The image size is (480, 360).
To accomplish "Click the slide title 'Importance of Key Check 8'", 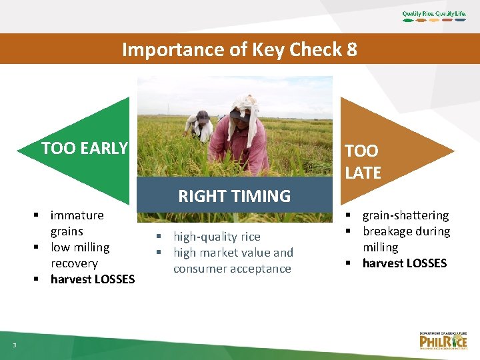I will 239,49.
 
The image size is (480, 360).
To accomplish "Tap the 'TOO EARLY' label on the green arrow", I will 84,148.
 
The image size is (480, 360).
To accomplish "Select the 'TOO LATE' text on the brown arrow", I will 363,162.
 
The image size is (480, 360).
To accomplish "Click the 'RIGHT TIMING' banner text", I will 234,196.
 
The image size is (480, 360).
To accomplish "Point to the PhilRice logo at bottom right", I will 443,340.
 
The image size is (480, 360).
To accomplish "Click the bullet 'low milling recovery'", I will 79,255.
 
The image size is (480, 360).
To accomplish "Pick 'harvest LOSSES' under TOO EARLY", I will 92,279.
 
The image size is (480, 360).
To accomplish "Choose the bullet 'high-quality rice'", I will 217,237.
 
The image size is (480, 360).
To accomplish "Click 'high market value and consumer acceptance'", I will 233,261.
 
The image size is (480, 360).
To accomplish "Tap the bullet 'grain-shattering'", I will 405,215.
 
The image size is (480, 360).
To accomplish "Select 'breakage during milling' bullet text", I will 405,239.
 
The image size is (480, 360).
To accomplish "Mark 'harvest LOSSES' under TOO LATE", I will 404,263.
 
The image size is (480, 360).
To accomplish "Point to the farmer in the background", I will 199,125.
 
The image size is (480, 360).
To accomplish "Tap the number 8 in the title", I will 351,49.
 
